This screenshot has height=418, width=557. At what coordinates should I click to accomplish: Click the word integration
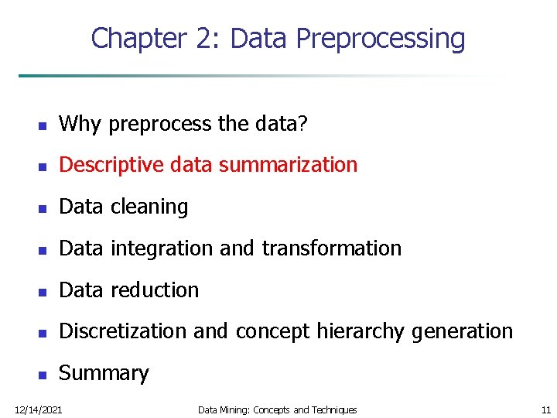click(x=162, y=248)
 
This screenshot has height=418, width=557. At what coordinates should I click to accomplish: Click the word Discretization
click(x=124, y=331)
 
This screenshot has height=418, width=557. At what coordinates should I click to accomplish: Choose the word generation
click(x=462, y=331)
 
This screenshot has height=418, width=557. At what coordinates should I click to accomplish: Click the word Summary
click(x=104, y=373)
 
